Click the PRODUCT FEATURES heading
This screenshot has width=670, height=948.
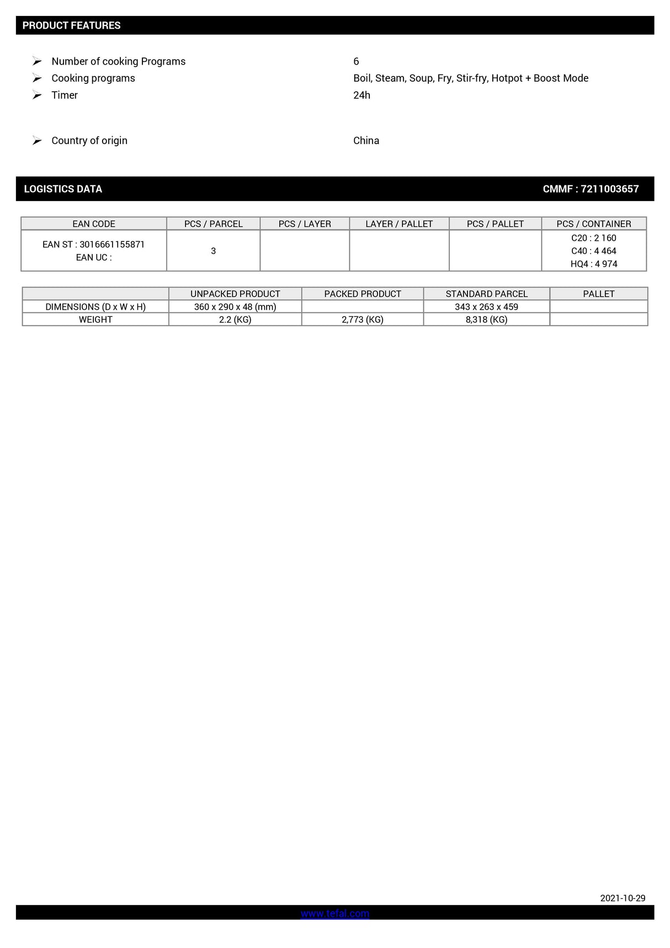tap(71, 25)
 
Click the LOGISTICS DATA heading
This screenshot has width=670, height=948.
tap(63, 189)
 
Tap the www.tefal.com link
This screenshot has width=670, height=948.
tap(334, 913)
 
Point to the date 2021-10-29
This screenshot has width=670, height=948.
tap(623, 898)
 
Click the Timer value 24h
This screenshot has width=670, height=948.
tap(361, 95)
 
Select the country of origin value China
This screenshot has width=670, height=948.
tap(366, 140)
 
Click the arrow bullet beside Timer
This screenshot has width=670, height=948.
tap(37, 95)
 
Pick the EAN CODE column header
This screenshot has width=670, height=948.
tap(94, 224)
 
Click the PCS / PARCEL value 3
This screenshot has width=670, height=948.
tap(213, 251)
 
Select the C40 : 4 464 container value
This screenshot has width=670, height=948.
tap(594, 251)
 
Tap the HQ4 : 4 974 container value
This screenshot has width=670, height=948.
tap(594, 264)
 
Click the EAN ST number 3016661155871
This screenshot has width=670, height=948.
tap(111, 244)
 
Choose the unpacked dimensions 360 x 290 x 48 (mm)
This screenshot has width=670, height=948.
tap(235, 306)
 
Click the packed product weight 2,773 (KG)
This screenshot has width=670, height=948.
tap(362, 319)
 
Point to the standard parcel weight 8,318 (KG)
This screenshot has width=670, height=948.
tap(486, 319)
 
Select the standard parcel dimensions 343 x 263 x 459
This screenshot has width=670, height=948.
tap(486, 306)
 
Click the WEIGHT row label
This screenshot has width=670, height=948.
tap(95, 319)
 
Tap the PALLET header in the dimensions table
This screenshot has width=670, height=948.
tap(598, 294)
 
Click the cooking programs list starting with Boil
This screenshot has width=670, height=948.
tap(470, 78)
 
